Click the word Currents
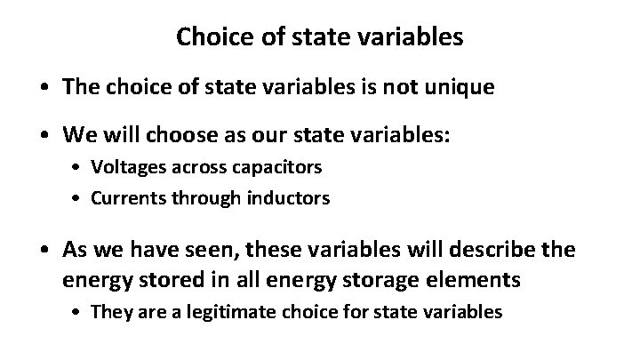136,197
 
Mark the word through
211,197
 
